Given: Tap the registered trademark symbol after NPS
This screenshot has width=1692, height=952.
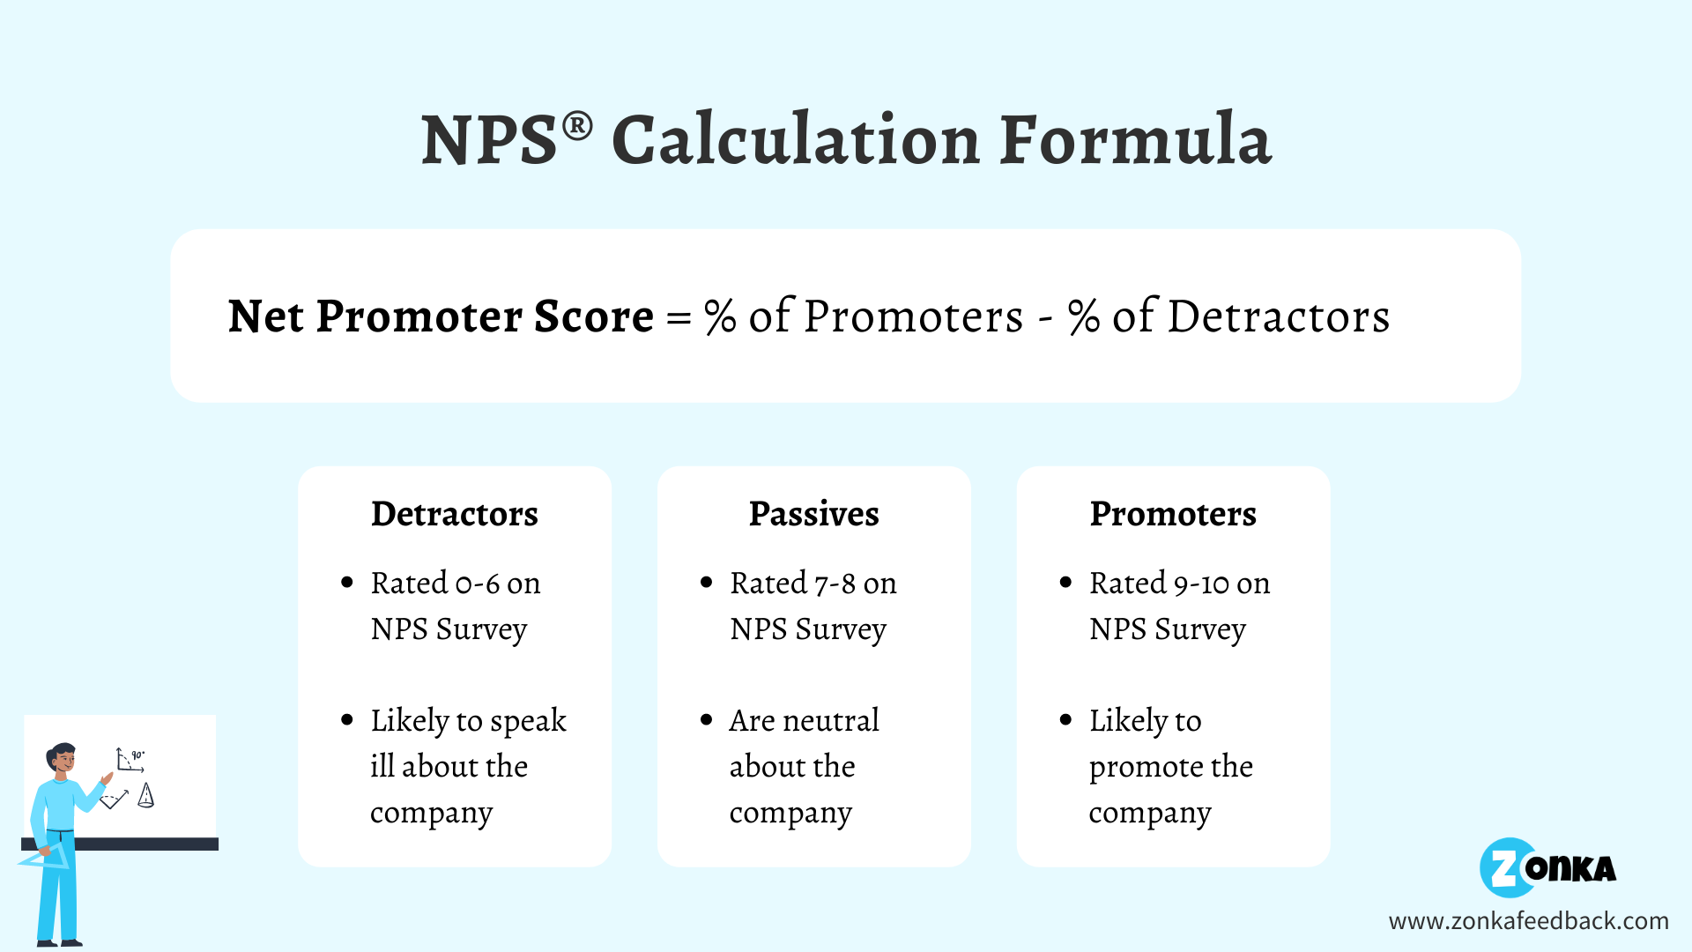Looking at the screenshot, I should click(x=577, y=126).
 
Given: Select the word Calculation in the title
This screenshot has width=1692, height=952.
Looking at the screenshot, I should click(x=795, y=140).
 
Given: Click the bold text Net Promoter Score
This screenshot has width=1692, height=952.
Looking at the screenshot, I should click(x=441, y=316).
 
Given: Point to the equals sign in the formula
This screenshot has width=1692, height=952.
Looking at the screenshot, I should click(x=679, y=318).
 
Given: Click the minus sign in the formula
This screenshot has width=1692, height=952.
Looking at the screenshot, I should click(x=1046, y=318).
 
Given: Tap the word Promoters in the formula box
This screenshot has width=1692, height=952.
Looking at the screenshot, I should click(x=913, y=316).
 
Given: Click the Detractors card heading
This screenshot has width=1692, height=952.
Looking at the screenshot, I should click(x=454, y=514).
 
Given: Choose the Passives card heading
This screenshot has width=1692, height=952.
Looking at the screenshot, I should click(x=813, y=514).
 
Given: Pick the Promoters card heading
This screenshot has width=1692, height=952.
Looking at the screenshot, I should click(x=1173, y=514).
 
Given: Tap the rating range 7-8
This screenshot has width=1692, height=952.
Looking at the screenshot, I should click(x=835, y=584).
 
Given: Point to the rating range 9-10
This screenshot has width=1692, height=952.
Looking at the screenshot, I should click(x=1201, y=584).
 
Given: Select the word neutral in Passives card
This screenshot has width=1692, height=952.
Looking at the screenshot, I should click(x=830, y=721).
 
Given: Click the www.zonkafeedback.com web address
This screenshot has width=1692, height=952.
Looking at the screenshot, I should click(x=1528, y=921).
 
